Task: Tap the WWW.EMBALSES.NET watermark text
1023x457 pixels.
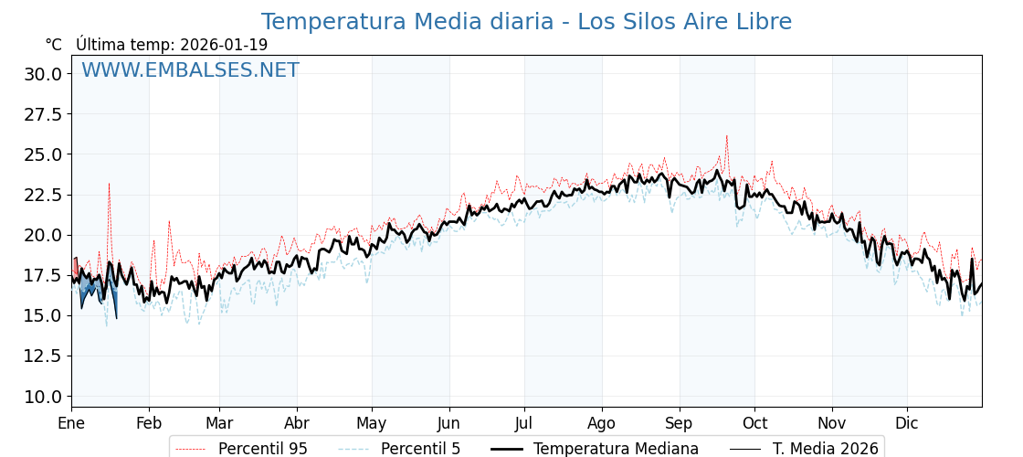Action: coord(190,70)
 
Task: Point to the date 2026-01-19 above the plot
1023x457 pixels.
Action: coord(224,45)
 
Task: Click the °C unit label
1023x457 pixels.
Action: coord(54,45)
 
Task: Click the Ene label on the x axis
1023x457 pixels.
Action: coord(71,423)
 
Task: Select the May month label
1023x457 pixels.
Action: coord(372,423)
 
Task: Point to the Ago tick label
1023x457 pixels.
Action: coord(602,423)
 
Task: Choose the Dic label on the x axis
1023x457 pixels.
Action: coord(907,423)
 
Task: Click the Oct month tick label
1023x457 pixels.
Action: coord(754,423)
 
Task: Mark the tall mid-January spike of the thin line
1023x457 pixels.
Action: coord(109,186)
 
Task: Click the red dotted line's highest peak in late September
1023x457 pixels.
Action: coord(727,137)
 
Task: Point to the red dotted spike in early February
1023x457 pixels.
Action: coord(169,222)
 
